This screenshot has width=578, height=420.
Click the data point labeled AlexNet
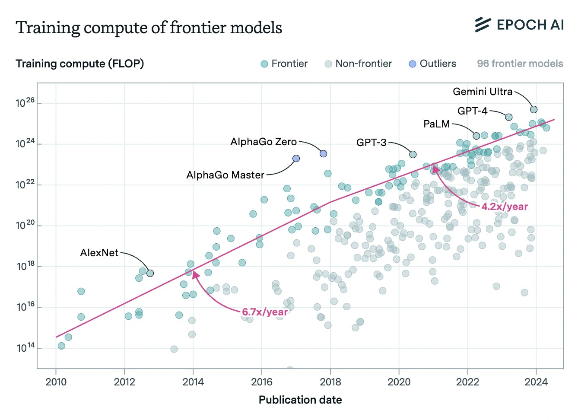(x=150, y=273)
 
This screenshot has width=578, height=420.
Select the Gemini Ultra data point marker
(x=534, y=109)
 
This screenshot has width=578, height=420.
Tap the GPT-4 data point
(x=508, y=117)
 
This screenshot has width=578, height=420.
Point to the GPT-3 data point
(x=413, y=154)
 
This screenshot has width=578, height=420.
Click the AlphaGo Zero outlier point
(x=323, y=153)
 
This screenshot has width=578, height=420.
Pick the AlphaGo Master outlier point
(x=296, y=159)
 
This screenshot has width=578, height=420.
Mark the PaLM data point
(x=476, y=136)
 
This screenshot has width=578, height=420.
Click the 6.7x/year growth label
(x=264, y=312)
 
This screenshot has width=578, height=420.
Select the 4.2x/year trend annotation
(x=505, y=207)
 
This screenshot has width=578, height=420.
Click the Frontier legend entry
(x=284, y=64)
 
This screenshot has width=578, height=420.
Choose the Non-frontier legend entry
(x=359, y=64)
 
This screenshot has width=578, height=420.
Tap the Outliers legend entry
(x=432, y=64)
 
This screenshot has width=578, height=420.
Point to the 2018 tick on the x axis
(x=330, y=382)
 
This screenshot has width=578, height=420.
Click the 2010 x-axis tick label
(x=56, y=382)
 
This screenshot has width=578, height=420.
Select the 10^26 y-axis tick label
(x=25, y=103)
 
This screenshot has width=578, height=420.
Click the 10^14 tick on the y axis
(x=25, y=347)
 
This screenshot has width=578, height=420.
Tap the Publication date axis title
(x=300, y=400)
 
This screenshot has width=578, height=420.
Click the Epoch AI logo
(x=519, y=25)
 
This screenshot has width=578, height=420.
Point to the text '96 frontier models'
(x=520, y=64)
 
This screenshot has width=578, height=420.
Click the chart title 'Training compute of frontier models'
(x=149, y=28)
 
